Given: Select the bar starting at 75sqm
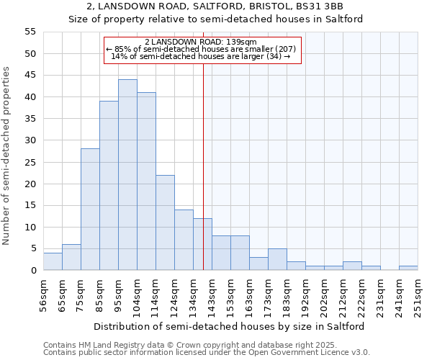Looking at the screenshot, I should pos(90,210).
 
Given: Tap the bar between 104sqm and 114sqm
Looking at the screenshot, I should pos(146,181).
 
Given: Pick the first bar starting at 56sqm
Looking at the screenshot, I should pos(53,261).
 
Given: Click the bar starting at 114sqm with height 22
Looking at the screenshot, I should pos(165,222).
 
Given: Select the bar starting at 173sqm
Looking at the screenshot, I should pos(277,259).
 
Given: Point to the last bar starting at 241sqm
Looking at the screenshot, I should pos(408,268).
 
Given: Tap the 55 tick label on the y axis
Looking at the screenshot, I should pos(30,32).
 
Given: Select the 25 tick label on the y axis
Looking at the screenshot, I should pos(30,162).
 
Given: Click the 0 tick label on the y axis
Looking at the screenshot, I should pos(32,271).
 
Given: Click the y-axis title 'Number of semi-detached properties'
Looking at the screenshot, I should pos(8,156).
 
